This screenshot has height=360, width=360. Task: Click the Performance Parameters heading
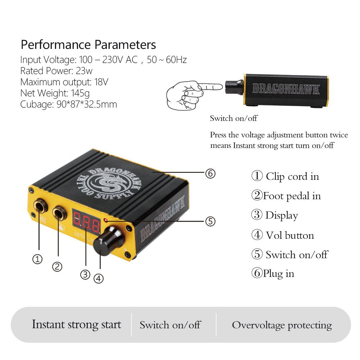coord(88,45)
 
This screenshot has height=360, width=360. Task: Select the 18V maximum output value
coord(101,82)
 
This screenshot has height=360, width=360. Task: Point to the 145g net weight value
coord(80,94)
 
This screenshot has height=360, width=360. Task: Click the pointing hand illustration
coord(194,95)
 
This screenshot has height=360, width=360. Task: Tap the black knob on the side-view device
coord(234,87)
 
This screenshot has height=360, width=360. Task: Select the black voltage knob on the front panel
coord(108,240)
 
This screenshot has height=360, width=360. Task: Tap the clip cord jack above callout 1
coord(40,206)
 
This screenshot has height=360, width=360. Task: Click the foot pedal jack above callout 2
coord(59,213)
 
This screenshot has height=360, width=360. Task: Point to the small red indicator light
coord(106,220)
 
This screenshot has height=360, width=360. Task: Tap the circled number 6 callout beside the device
coord(210,174)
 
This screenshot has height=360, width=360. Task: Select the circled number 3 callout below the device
coord(85,274)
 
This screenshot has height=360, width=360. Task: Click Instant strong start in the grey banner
coord(77,324)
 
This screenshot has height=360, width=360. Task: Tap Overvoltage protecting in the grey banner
coord(282,325)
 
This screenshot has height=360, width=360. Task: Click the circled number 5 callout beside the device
coord(210,221)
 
